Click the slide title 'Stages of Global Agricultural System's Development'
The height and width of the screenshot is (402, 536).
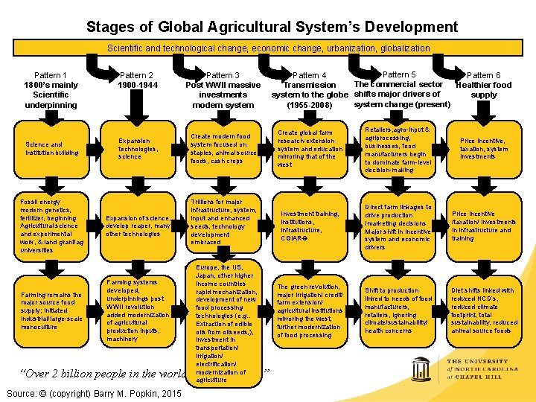[x=272, y=28]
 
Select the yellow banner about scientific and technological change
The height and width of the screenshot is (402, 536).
[x=268, y=48]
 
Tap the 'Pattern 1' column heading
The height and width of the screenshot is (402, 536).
[x=51, y=90]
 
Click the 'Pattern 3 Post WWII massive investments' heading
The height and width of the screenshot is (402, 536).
[x=223, y=90]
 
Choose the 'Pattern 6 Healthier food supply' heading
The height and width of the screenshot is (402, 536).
[x=484, y=85]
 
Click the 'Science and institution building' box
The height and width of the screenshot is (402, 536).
[x=51, y=149]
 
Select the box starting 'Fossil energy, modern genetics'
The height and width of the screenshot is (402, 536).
[x=51, y=226]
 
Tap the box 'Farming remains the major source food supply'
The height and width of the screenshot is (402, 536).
[x=51, y=310]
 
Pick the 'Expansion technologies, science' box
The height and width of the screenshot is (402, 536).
[x=138, y=149]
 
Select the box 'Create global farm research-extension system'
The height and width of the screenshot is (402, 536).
[x=310, y=149]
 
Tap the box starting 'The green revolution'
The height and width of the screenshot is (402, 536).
[x=310, y=310]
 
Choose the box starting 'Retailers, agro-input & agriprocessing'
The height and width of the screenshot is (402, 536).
[x=398, y=149]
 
